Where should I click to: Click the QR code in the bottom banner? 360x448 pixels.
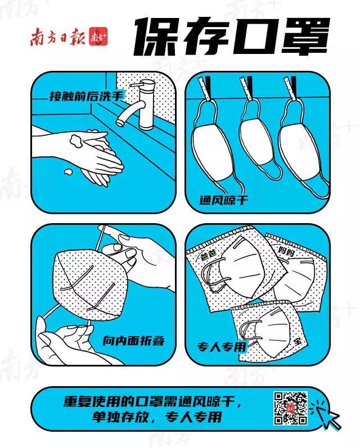[291, 408]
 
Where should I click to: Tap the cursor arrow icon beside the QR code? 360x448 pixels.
[327, 415]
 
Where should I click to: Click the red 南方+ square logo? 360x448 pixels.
[98, 37]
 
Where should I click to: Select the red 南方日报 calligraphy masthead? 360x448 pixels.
[58, 37]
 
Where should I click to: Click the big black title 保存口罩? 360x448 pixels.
[232, 37]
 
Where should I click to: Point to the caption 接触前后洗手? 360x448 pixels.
[86, 96]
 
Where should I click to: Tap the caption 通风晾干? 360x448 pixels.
[224, 200]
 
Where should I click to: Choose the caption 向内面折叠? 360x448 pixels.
[133, 340]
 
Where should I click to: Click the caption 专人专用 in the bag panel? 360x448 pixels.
[222, 347]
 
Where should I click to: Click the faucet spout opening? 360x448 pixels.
[119, 123]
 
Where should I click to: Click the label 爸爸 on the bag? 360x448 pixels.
[208, 254]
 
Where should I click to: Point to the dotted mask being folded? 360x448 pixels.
[89, 282]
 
